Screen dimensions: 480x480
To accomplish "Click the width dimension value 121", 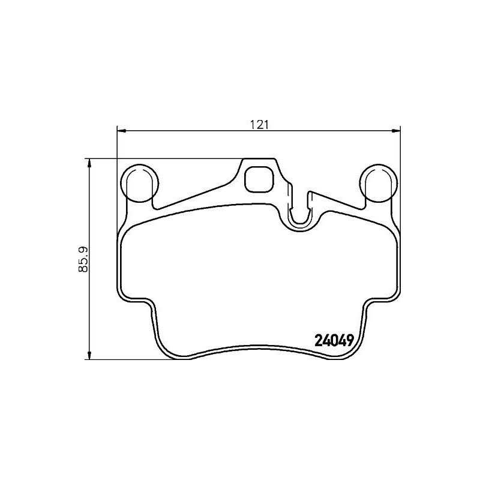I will [x=258, y=124].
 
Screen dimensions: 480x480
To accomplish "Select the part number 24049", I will [x=334, y=340].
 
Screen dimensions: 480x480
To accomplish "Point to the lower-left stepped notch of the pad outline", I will [x=148, y=302].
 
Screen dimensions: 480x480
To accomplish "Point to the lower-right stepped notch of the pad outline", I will [x=368, y=302].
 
